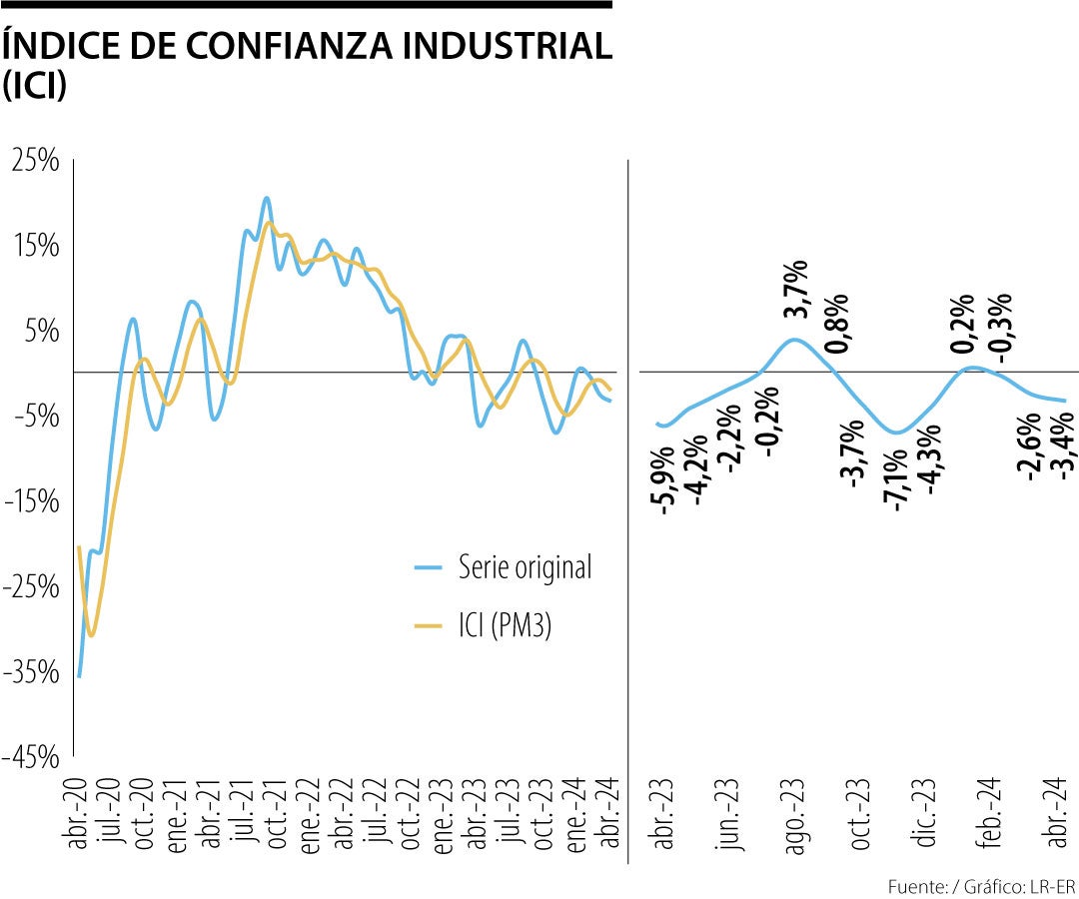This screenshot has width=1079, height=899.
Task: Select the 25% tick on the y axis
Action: click(x=36, y=160)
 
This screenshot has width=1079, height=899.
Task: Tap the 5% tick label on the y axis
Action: click(x=42, y=331)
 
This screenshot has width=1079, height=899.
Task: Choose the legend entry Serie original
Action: click(x=525, y=566)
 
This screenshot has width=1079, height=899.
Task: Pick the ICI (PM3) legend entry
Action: click(x=506, y=625)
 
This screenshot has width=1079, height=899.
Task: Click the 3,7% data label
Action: click(x=796, y=289)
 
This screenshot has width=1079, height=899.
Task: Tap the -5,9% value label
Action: click(x=664, y=485)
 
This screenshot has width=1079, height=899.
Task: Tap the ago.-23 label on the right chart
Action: click(x=795, y=818)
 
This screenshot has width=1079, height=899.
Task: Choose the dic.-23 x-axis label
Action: click(x=925, y=818)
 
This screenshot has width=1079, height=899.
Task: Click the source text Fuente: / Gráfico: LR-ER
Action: click(x=982, y=886)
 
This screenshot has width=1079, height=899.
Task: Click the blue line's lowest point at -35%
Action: click(x=79, y=676)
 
